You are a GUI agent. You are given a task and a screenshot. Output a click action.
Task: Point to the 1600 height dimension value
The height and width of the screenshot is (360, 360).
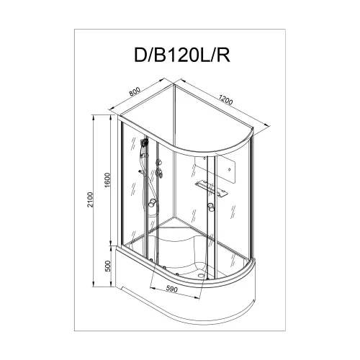106,182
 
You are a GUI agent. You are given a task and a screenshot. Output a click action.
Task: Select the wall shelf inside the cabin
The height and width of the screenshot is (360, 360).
211,188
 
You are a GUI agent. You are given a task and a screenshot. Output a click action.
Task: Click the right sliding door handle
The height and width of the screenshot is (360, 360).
212,208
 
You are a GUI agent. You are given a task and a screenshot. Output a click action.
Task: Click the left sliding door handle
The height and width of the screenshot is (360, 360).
152,207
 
